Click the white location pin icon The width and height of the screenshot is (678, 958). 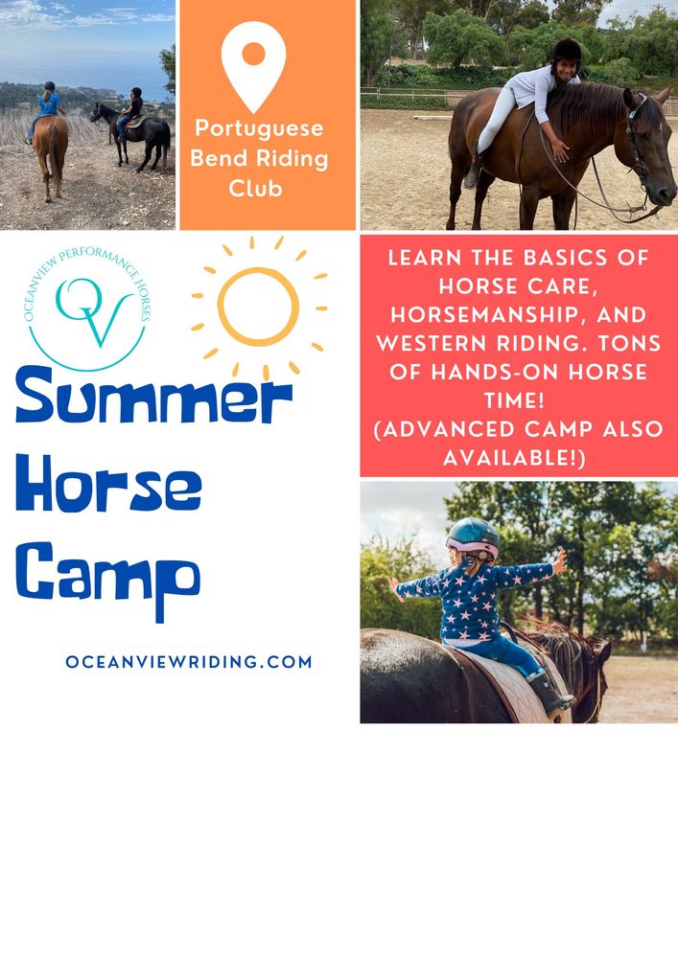pos(253,62)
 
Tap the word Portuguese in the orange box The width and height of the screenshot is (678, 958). pos(260,128)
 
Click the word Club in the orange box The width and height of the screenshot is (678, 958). pos(256,188)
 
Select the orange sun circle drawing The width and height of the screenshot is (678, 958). pos(258,307)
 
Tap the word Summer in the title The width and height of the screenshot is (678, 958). pos(153,400)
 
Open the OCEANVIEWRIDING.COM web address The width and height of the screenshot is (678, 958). pos(189,662)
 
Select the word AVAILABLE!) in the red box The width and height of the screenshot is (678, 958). pos(519,458)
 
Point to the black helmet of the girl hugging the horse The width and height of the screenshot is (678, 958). pos(566,50)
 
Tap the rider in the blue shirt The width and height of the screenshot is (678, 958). pos(49,103)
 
